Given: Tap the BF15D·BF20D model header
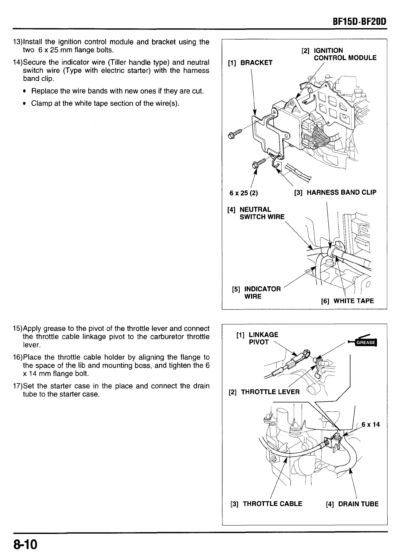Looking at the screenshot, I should pos(359,21).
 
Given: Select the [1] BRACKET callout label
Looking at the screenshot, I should pos(250,63).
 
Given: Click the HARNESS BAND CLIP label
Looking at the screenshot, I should pos(335,192).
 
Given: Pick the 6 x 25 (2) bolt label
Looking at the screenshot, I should pos(244,193).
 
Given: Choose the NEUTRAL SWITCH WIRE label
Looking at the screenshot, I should pos(256,213).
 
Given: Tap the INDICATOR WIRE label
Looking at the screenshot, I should pos(257,293).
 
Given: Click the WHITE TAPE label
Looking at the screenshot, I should pos(348,301).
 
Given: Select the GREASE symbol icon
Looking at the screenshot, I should pos(365,342).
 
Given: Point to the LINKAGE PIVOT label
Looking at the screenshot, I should pos(257,338).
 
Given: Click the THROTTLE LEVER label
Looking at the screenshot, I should pos(264,392).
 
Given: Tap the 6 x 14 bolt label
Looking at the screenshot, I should pos(370,425).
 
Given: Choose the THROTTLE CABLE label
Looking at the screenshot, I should pos(267,504).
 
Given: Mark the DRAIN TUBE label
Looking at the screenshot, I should pos(352,504).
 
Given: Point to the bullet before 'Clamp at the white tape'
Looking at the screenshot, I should pos(25,103).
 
